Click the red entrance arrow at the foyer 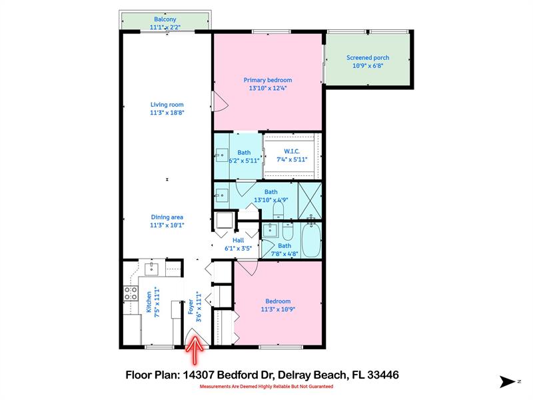click(195, 347)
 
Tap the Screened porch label click(367, 58)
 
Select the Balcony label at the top click(165, 19)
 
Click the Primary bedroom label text click(270, 80)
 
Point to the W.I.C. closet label click(291, 151)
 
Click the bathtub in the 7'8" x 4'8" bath click(311, 241)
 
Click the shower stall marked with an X click(309, 200)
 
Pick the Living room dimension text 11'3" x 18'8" click(167, 113)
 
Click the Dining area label click(167, 217)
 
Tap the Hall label click(238, 240)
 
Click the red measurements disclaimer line click(266, 387)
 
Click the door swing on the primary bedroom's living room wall click(221, 101)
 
